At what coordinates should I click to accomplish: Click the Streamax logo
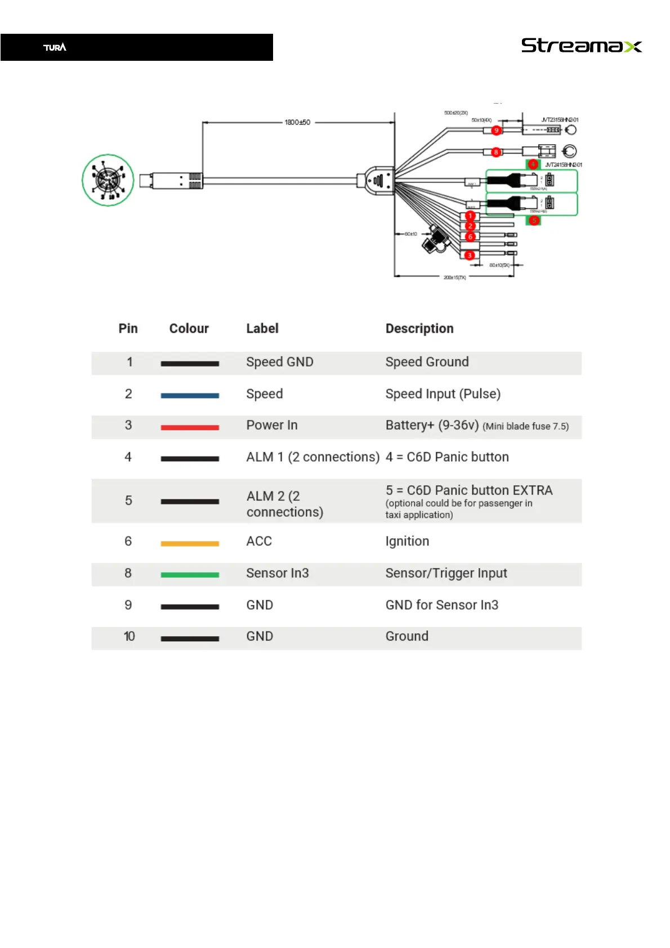coord(581,46)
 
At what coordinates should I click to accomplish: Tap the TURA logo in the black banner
coord(55,47)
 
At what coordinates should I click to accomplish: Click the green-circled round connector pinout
coord(108,180)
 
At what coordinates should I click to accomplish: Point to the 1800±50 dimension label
coord(297,122)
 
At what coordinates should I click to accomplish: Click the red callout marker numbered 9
coord(496,131)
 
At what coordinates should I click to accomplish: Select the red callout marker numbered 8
coord(496,152)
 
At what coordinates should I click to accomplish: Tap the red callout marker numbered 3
coord(470,256)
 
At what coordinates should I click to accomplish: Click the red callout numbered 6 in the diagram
coord(470,237)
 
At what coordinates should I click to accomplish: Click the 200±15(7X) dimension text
coord(454,278)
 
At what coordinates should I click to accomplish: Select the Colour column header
coord(189,329)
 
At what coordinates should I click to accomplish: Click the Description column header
coord(419,329)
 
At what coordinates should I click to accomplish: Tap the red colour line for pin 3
coord(190,428)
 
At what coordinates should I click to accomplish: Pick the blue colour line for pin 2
coord(190,396)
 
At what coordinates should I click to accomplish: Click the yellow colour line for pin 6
coord(190,544)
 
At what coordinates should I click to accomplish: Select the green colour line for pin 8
coord(190,575)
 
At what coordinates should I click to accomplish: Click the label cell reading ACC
coord(259,542)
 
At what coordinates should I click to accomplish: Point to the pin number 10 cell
coord(129,637)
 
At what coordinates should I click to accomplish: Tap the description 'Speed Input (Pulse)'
coord(443,394)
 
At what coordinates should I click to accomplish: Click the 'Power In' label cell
coord(272,426)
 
